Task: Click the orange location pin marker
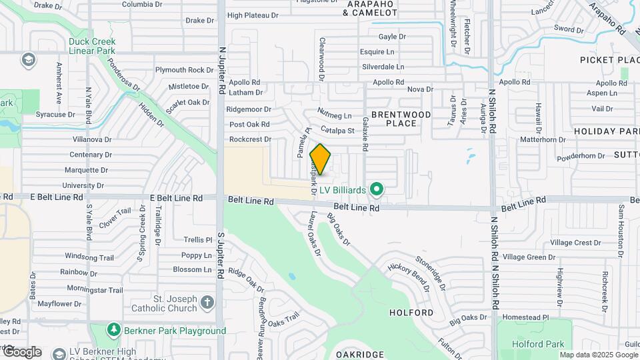point(321,159)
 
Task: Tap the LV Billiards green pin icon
point(377,190)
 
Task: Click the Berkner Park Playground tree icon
point(114,331)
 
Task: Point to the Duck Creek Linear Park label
point(92,46)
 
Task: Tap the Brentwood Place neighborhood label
point(401,119)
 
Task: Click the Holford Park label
point(538,344)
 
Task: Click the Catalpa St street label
point(337,129)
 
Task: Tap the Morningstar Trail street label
point(90,290)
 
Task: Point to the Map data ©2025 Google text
point(599,355)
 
